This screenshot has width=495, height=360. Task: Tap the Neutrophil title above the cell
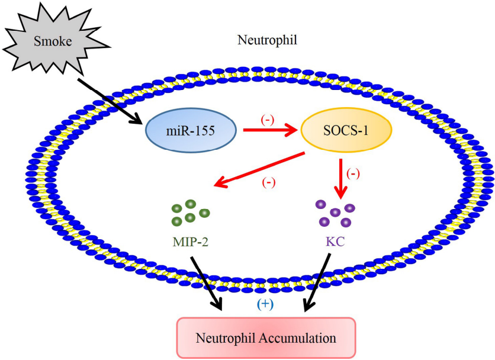point(267,40)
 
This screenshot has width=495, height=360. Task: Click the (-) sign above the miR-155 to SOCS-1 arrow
point(268,118)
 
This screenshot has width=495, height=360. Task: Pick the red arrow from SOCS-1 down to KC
point(341,175)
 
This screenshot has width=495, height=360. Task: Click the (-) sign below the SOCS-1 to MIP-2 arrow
point(268,182)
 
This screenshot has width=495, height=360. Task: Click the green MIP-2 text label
point(190,243)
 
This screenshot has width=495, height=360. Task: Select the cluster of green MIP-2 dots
point(190,213)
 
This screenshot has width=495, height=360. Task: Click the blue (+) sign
point(264,304)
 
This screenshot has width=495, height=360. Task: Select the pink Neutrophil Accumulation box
point(266,338)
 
